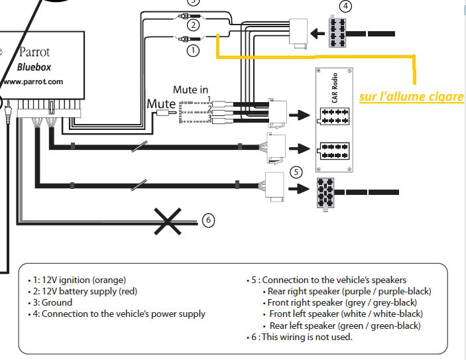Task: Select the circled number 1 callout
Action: (193, 50)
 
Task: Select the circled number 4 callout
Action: (344, 7)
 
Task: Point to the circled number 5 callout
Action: (297, 171)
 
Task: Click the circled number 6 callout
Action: (208, 220)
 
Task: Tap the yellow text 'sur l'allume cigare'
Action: (411, 97)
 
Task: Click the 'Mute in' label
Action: (190, 89)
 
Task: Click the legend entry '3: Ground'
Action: (53, 302)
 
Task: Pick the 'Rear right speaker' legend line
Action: (349, 291)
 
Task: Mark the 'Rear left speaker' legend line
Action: (345, 326)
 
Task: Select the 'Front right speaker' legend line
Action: (342, 302)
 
